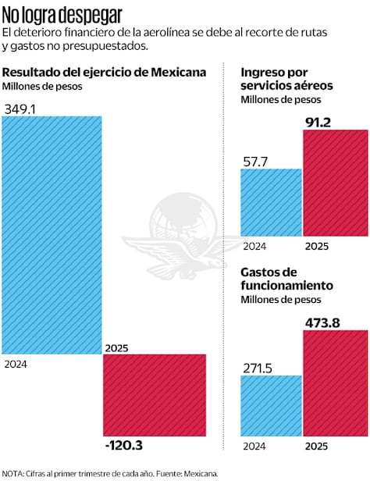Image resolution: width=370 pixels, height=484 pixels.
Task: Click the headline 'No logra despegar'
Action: (62, 14)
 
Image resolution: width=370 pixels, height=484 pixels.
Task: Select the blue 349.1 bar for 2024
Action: (52, 234)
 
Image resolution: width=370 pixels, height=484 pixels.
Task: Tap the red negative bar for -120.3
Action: (155, 395)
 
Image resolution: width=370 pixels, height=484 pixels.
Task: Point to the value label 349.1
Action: (21, 108)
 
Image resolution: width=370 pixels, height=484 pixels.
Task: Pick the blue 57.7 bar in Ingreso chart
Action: (271, 201)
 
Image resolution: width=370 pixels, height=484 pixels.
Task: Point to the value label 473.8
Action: (323, 321)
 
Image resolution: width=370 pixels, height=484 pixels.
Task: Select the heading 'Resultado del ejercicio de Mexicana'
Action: (104, 72)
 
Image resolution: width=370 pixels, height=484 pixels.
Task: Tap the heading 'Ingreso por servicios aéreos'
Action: (286, 78)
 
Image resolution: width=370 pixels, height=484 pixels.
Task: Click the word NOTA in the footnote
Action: (13, 473)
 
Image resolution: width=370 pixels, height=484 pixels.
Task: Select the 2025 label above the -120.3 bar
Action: (116, 348)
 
